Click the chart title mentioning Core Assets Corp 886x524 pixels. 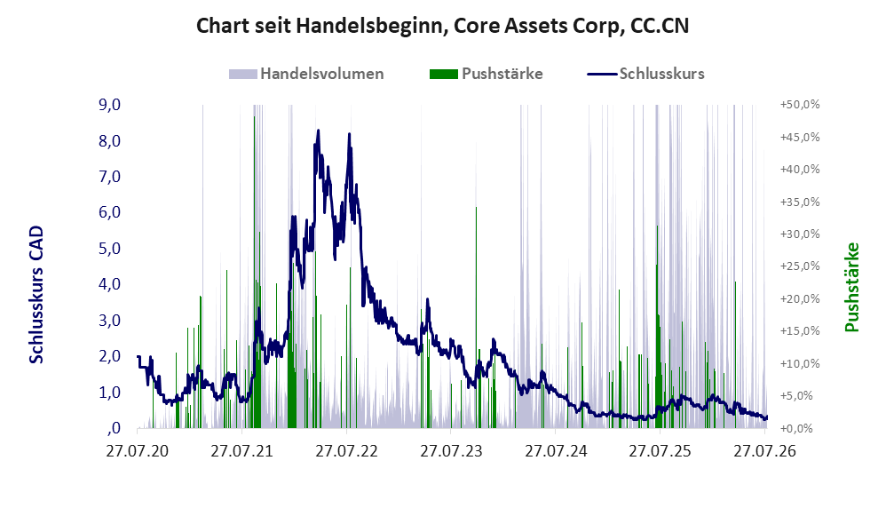pyautogui.click(x=442, y=26)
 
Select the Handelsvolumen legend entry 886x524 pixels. pyautogui.click(x=306, y=74)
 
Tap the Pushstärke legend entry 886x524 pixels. pyautogui.click(x=486, y=74)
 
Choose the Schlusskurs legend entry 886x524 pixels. pyautogui.click(x=645, y=74)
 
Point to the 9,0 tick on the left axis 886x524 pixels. pyautogui.click(x=109, y=105)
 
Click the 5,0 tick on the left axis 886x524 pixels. pyautogui.click(x=109, y=248)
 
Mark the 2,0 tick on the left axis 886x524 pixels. pyautogui.click(x=109, y=356)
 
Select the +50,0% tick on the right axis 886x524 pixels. pyautogui.click(x=800, y=105)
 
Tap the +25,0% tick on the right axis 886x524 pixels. pyautogui.click(x=800, y=266)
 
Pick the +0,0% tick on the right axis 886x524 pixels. pyautogui.click(x=800, y=428)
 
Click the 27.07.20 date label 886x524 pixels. pyautogui.click(x=138, y=451)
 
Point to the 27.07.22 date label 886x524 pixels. pyautogui.click(x=346, y=451)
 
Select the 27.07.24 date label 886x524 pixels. pyautogui.click(x=556, y=451)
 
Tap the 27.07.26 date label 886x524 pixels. pyautogui.click(x=764, y=451)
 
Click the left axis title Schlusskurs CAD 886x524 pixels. pyautogui.click(x=36, y=295)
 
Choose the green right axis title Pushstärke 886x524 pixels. pyautogui.click(x=851, y=287)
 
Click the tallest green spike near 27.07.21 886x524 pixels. pyautogui.click(x=254, y=272)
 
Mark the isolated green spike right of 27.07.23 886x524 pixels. pyautogui.click(x=477, y=317)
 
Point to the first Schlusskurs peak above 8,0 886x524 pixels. pyautogui.click(x=318, y=131)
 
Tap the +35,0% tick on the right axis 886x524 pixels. pyautogui.click(x=800, y=202)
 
